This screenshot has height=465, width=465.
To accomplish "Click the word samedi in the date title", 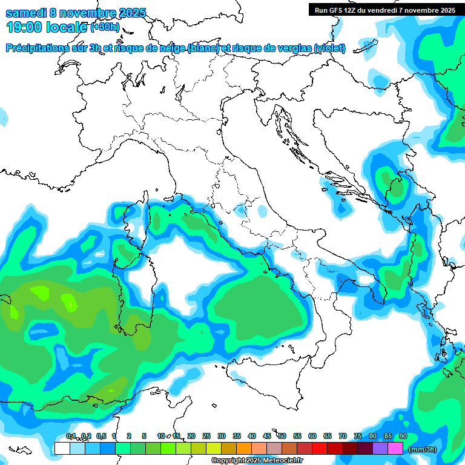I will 25,13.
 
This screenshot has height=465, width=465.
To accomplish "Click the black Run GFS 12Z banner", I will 385,10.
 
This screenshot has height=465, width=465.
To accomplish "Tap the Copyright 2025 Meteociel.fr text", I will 257,461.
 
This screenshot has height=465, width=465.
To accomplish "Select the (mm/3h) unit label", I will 422,449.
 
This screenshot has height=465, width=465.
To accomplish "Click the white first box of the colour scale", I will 62,449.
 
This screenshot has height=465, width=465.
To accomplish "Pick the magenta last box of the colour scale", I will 395,449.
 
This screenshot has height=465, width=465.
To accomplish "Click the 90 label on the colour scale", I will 403,436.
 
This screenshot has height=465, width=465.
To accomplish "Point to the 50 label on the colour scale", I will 282,436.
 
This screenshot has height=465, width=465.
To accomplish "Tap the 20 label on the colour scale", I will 191,436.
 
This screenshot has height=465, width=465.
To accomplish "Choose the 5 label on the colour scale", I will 144,436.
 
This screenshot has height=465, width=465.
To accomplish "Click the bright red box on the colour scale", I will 320,449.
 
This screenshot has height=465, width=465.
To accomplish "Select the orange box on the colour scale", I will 244,449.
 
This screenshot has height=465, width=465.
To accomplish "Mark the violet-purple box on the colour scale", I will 380,449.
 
